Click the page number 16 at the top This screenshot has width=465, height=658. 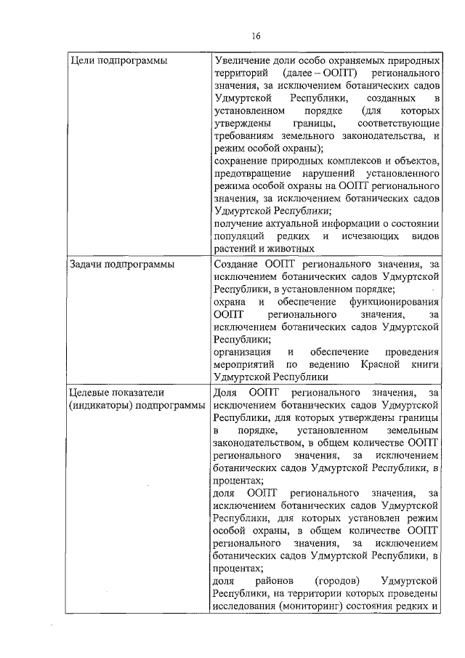tap(256, 36)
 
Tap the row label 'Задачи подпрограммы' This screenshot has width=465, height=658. tap(121, 265)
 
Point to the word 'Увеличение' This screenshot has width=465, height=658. tap(244, 60)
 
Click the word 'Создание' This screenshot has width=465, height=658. tap(239, 265)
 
